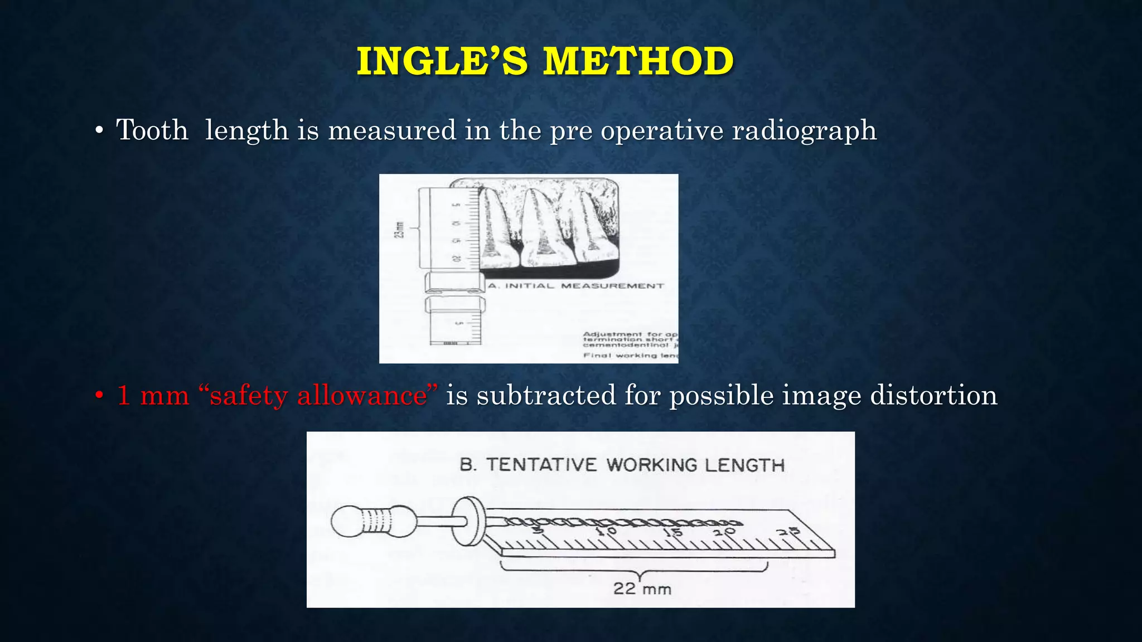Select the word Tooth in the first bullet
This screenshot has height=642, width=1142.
click(x=152, y=130)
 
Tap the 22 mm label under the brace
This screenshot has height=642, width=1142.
click(x=642, y=588)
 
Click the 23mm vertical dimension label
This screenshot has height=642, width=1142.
click(x=399, y=230)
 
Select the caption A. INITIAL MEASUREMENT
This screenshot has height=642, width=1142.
click(x=576, y=286)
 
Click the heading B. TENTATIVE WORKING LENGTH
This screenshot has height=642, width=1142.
click(x=622, y=465)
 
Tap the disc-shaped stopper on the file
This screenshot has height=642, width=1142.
click(x=467, y=522)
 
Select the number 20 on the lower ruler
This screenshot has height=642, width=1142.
click(x=725, y=532)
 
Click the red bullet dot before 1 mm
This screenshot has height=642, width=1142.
click(x=99, y=396)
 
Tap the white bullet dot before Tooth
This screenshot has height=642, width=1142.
click(x=99, y=132)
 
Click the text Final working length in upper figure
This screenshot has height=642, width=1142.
click(x=631, y=356)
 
